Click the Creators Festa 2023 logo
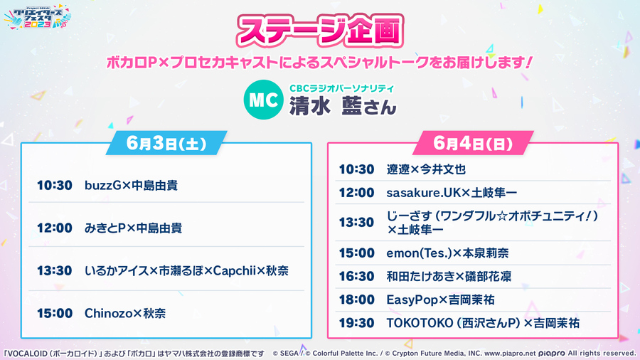[38, 17]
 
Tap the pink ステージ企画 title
[319, 31]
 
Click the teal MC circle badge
[263, 100]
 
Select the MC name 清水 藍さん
[343, 106]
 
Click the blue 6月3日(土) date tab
[166, 143]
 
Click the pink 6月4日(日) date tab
[473, 143]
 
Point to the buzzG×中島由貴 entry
[131, 185]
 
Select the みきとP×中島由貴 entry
[133, 228]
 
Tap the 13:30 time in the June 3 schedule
[54, 270]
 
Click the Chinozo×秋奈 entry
[125, 313]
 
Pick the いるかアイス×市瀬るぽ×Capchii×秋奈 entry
[186, 270]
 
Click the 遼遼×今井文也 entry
[426, 169]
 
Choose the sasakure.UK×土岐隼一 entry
[452, 193]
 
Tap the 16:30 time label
[356, 276]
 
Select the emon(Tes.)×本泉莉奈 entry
[447, 253]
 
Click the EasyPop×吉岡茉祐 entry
[440, 300]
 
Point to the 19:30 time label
[356, 323]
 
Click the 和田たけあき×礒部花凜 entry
[449, 276]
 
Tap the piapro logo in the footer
[551, 354]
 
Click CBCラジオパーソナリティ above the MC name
[341, 88]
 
